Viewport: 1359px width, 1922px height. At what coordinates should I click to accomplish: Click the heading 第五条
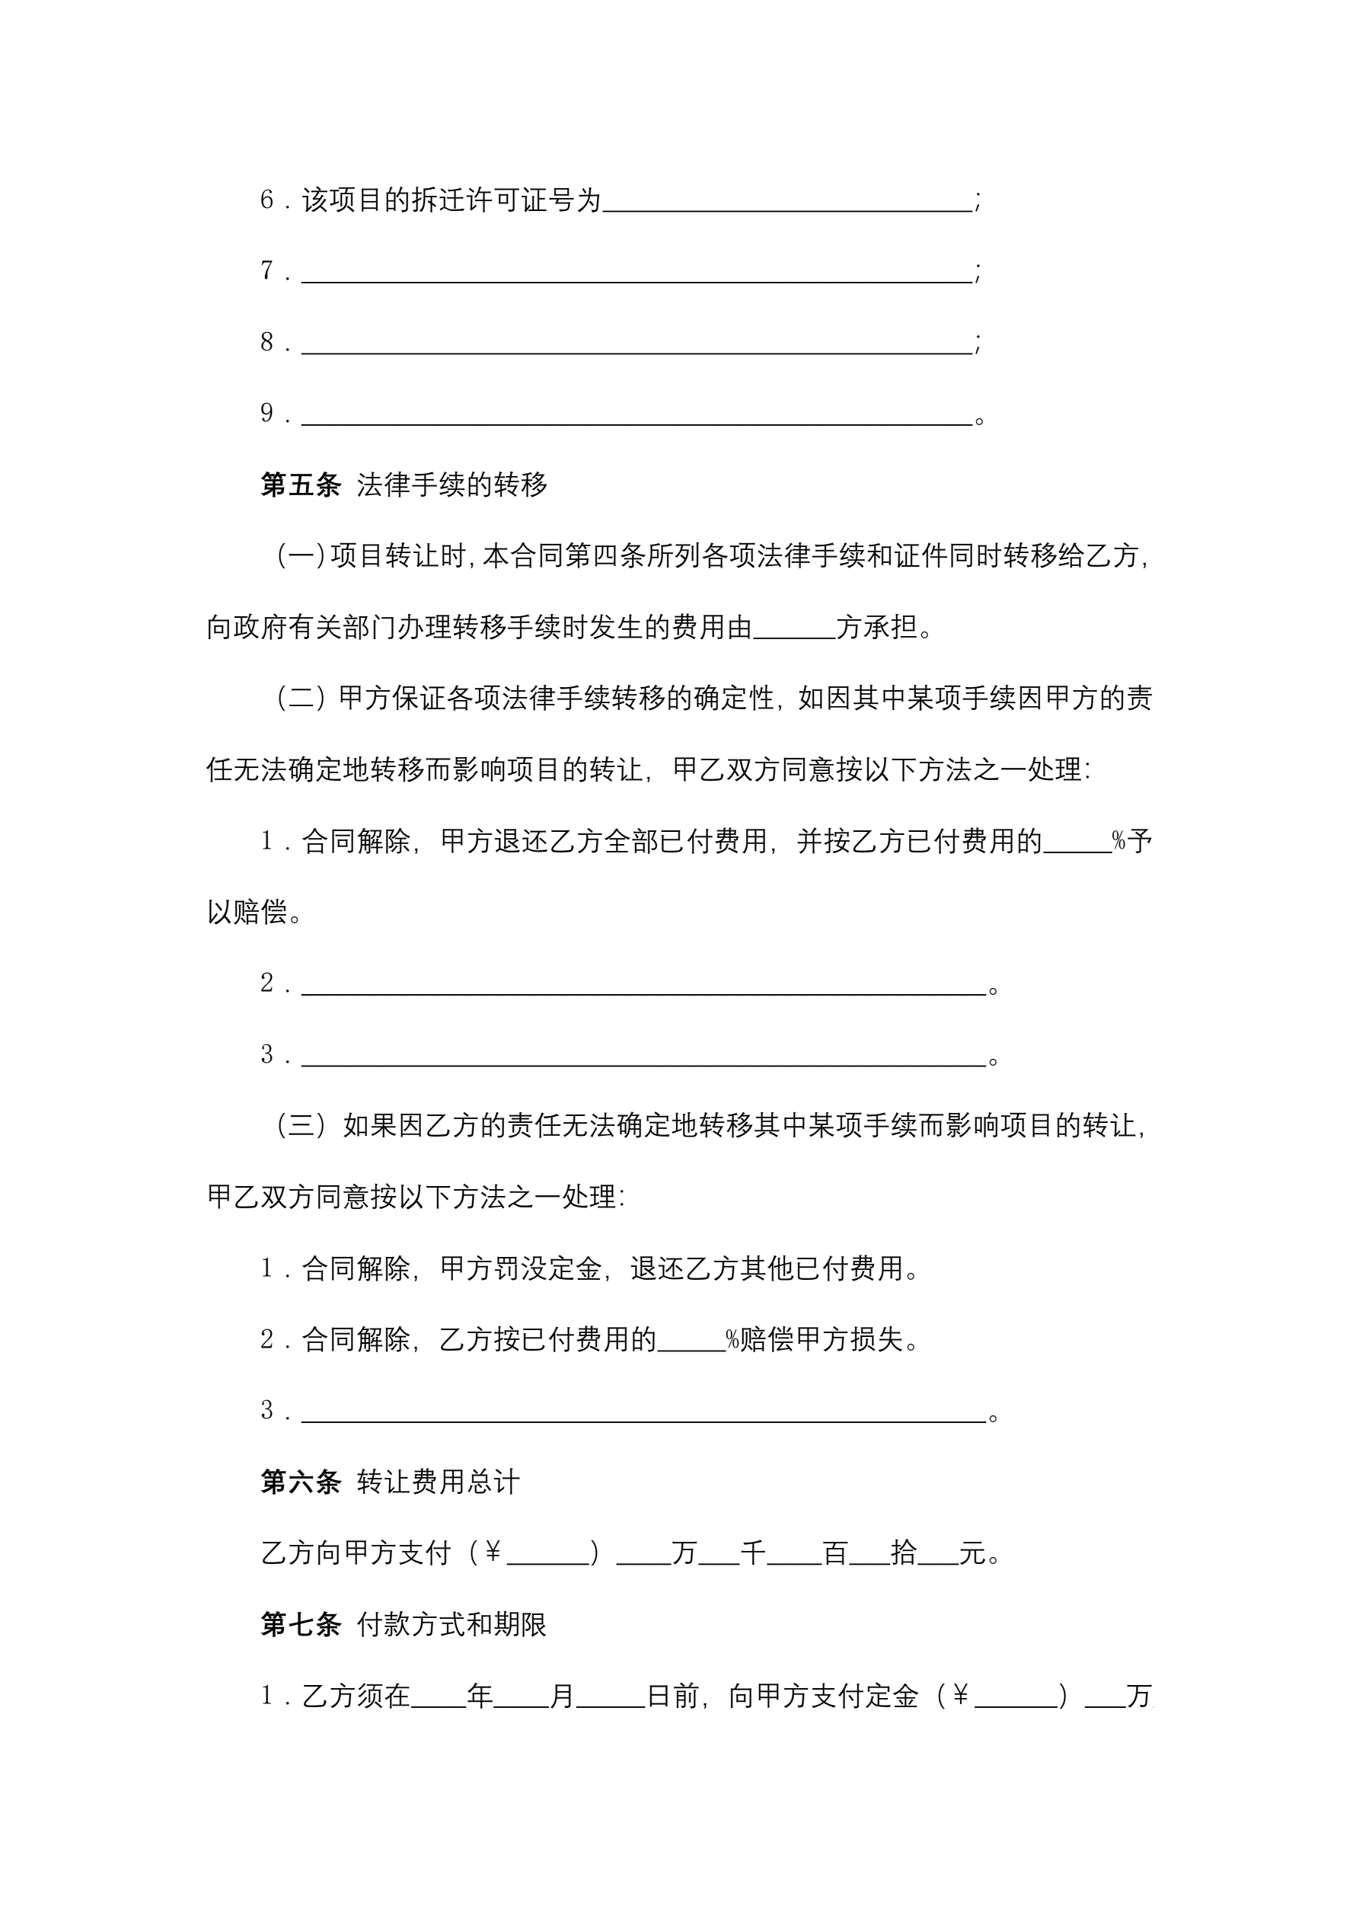click(301, 484)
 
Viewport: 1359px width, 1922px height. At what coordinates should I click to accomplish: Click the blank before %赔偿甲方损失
click(691, 1341)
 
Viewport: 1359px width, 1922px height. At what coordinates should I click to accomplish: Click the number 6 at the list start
click(267, 200)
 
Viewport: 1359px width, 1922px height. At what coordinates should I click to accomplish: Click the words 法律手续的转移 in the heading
click(452, 484)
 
